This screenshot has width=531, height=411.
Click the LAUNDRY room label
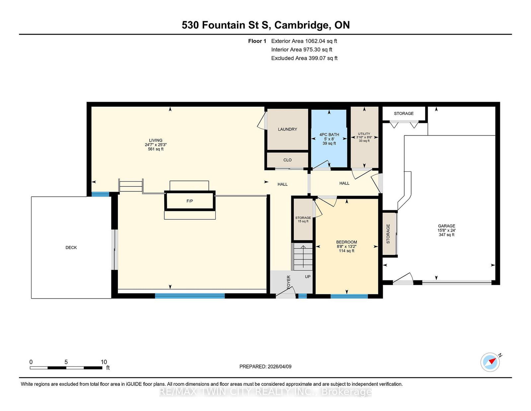pyautogui.click(x=287, y=129)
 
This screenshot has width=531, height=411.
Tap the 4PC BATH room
pyautogui.click(x=329, y=139)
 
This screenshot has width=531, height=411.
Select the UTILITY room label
pyautogui.click(x=364, y=134)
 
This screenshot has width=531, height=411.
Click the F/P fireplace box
pyautogui.click(x=190, y=201)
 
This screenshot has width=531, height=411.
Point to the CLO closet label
pyautogui.click(x=287, y=160)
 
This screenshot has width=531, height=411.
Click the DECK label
pyautogui.click(x=71, y=248)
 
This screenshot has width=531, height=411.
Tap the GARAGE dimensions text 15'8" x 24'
pyautogui.click(x=446, y=230)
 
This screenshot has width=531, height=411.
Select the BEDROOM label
pyautogui.click(x=346, y=242)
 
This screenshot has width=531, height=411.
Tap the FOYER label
pyautogui.click(x=288, y=282)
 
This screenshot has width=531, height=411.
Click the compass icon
pyautogui.click(x=490, y=362)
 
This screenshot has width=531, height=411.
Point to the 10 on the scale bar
pyautogui.click(x=104, y=362)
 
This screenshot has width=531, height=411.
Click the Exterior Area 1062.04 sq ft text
pyautogui.click(x=304, y=41)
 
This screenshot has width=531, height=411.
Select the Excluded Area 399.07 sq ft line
pyautogui.click(x=304, y=58)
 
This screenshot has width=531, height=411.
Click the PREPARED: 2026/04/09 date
pyautogui.click(x=265, y=366)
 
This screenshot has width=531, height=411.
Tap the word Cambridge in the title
pyautogui.click(x=302, y=25)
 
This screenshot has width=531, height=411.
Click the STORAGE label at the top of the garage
pyautogui.click(x=404, y=114)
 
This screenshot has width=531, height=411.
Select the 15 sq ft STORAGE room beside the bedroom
pyautogui.click(x=303, y=220)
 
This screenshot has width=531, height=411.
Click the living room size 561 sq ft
pyautogui.click(x=156, y=149)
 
